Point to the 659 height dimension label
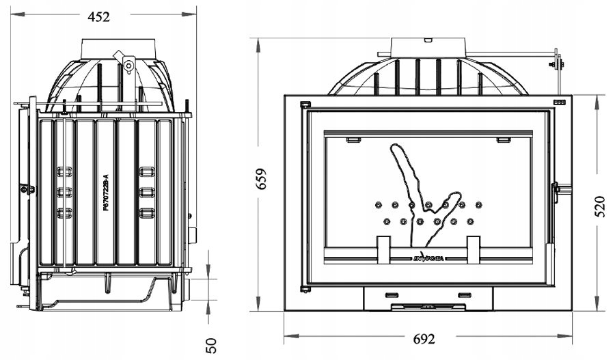[261, 179]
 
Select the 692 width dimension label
[424, 338]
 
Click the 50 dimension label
[212, 345]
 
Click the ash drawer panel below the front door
[428, 296]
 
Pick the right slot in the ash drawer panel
[465, 295]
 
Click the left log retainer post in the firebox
[383, 249]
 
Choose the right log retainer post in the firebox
[474, 249]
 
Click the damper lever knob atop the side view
[128, 66]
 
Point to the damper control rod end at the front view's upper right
[558, 64]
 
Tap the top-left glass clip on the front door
[353, 139]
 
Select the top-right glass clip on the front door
[504, 139]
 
